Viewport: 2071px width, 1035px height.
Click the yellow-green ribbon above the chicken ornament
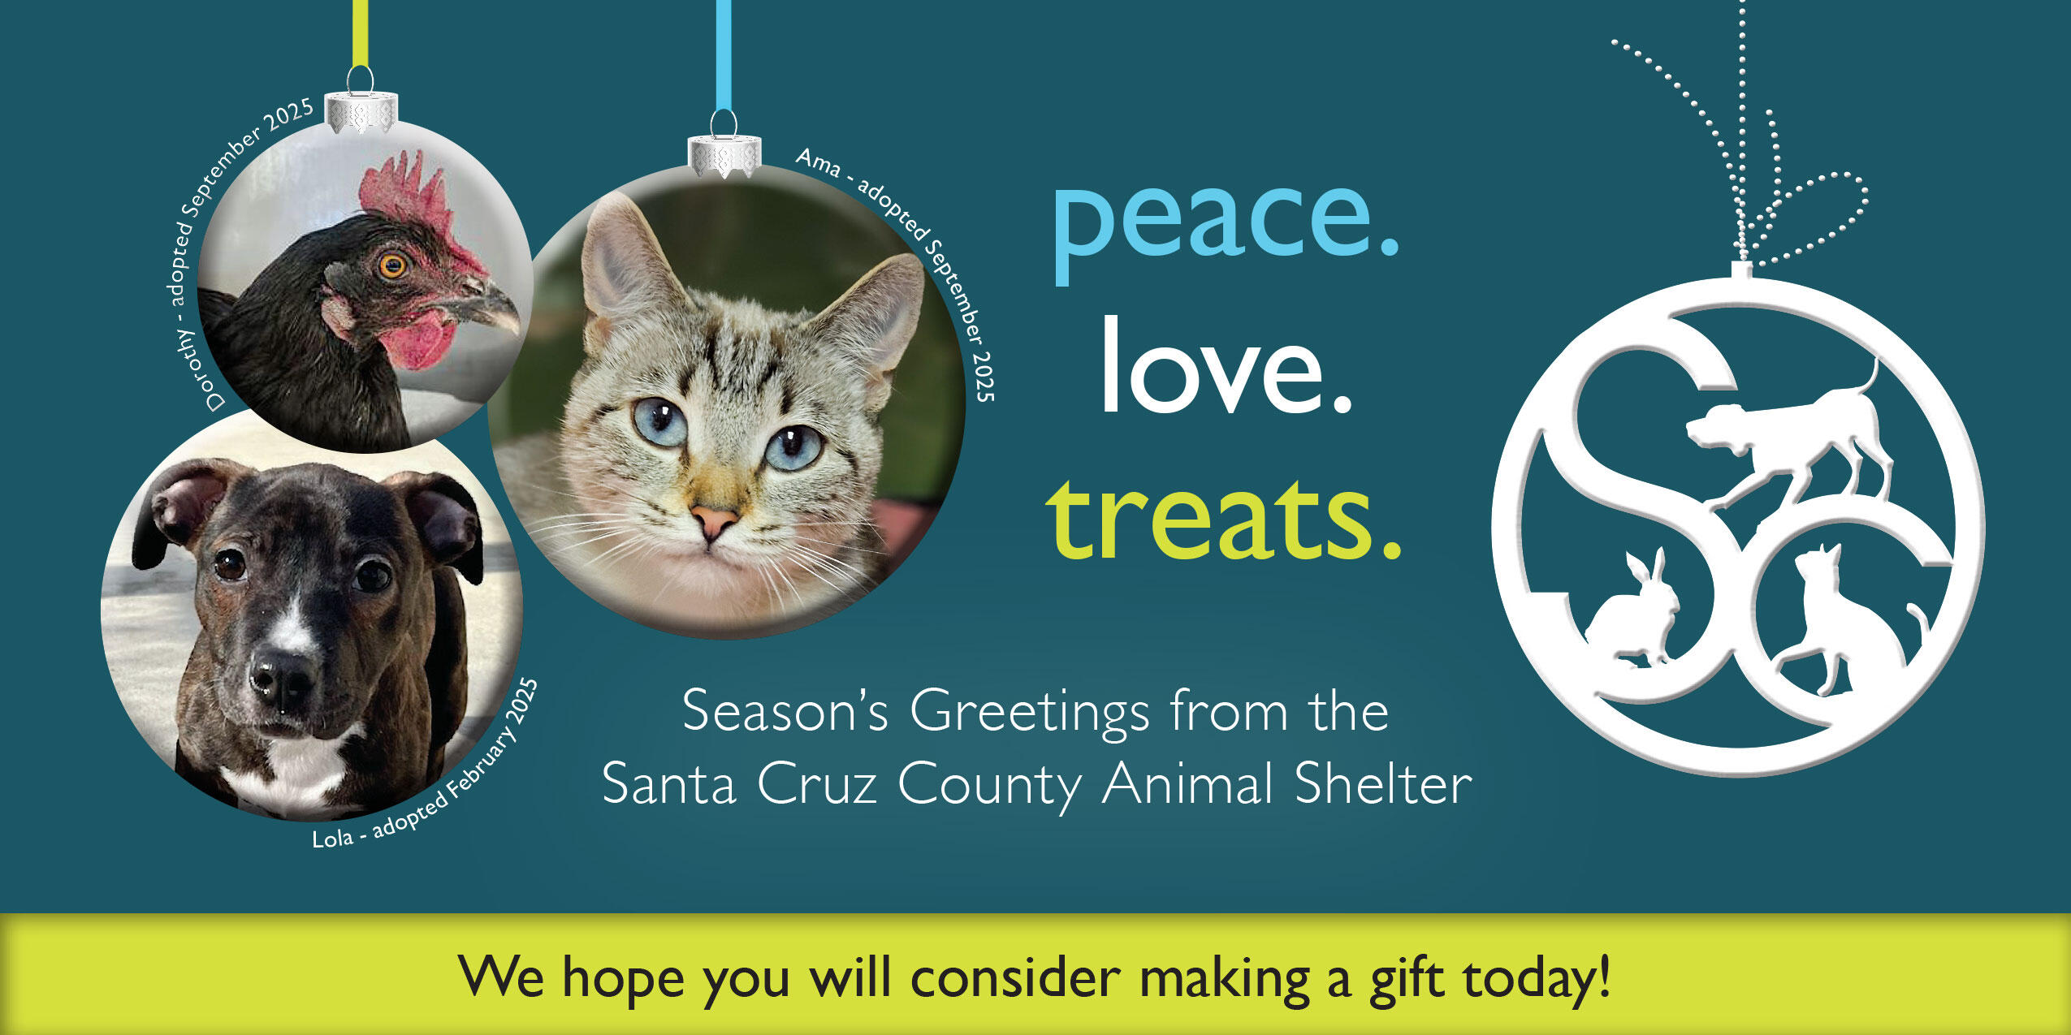(x=359, y=32)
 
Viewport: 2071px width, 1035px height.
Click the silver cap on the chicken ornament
(x=361, y=112)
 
